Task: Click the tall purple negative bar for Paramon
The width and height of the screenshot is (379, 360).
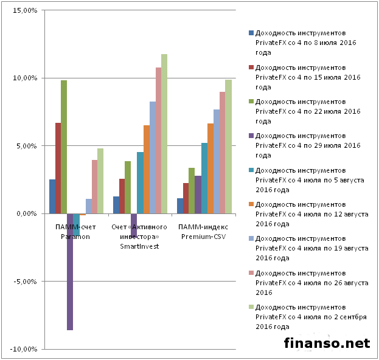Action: pyautogui.click(x=70, y=272)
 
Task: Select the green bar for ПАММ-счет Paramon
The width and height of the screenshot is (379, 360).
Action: pyautogui.click(x=64, y=147)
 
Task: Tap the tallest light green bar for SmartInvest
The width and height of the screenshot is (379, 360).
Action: pyautogui.click(x=164, y=134)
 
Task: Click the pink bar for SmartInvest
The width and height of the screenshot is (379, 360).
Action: pyautogui.click(x=158, y=140)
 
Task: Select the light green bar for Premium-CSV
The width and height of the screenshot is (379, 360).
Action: pyautogui.click(x=228, y=147)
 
